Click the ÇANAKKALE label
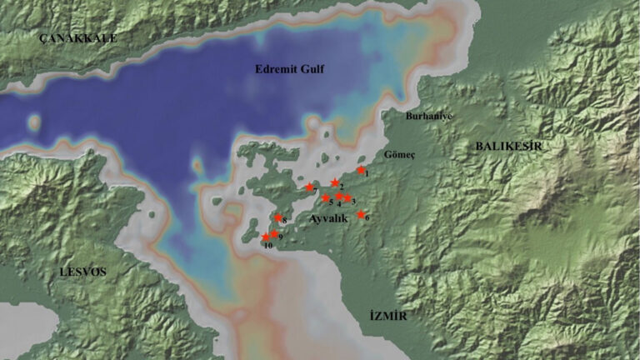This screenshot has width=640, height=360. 80,38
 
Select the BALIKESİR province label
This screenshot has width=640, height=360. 508,146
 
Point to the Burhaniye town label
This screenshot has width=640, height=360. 428,117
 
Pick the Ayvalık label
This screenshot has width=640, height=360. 327,218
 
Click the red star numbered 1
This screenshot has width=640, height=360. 361,170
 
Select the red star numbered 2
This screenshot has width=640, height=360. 335,182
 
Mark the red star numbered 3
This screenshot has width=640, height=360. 347,198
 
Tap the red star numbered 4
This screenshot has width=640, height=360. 339,197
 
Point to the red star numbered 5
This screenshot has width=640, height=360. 326,198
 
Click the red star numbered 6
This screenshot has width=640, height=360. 361,214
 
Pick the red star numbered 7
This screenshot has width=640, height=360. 309,187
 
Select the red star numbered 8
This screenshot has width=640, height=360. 278,218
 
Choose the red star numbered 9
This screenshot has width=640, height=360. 274,234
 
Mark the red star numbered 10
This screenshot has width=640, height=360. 265,237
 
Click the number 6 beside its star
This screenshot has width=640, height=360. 367,218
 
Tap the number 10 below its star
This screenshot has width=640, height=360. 267,246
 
